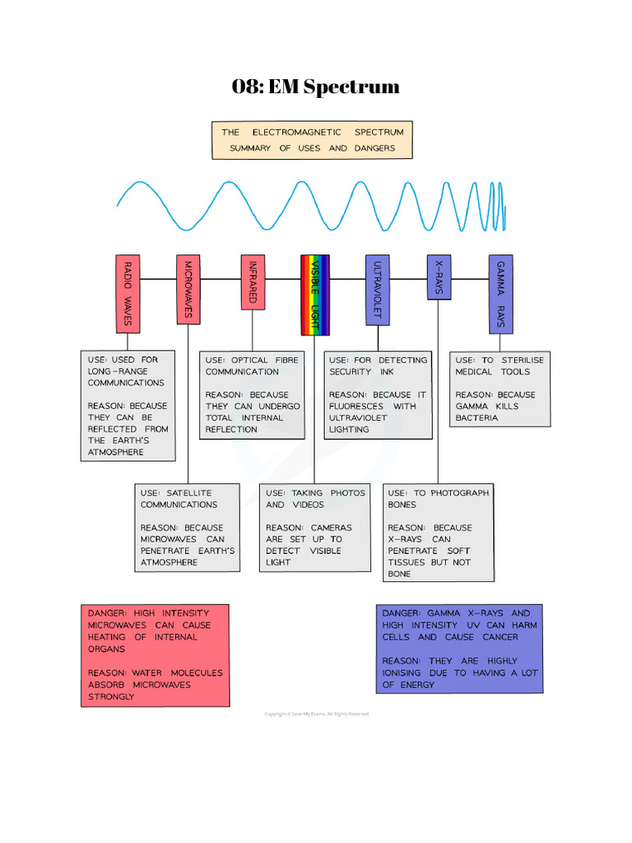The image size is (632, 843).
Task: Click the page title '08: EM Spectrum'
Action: (x=315, y=86)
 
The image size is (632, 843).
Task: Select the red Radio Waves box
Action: (x=128, y=293)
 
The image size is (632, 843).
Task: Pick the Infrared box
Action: (x=253, y=282)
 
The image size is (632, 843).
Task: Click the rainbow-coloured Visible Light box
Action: (x=314, y=295)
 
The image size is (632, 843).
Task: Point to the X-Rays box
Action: (x=439, y=277)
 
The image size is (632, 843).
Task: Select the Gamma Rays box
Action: (x=500, y=293)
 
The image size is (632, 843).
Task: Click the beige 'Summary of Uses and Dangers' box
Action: (x=312, y=140)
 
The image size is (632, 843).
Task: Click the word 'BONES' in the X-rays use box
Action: (x=402, y=505)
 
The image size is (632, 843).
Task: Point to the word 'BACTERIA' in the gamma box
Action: (x=476, y=417)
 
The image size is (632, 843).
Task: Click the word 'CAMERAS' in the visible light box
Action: (x=331, y=528)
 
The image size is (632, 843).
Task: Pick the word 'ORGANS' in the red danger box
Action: (x=107, y=649)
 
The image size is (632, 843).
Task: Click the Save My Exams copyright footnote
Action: (x=316, y=714)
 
